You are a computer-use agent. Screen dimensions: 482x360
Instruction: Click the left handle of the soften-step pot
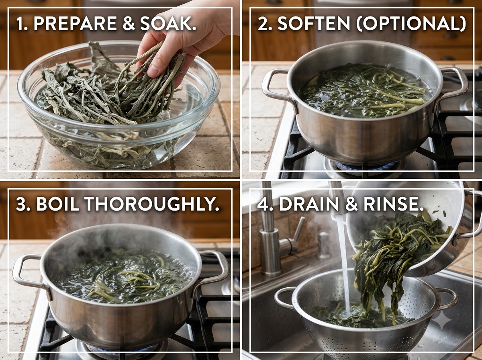click(x=277, y=88)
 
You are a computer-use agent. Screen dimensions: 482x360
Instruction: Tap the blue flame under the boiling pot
click(x=123, y=348)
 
